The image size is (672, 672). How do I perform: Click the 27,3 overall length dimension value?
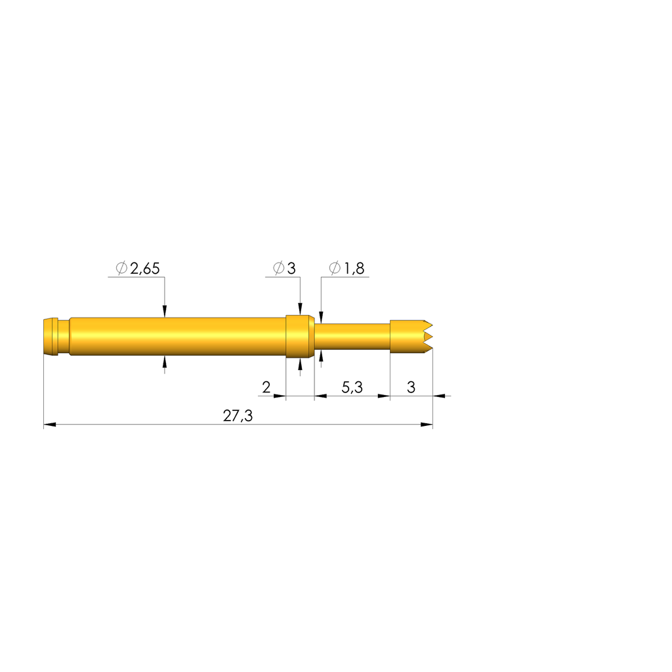coord(238,415)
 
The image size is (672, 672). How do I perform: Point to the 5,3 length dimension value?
coord(352,387)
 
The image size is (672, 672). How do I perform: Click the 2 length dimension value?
coord(266,387)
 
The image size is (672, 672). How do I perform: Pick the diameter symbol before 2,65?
coord(121,268)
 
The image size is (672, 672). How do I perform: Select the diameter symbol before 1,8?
coord(335,268)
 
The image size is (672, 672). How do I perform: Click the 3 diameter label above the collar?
coord(291,268)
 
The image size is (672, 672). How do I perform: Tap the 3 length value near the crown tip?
coord(411,387)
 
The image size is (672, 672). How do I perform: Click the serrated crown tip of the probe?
coord(427,337)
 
